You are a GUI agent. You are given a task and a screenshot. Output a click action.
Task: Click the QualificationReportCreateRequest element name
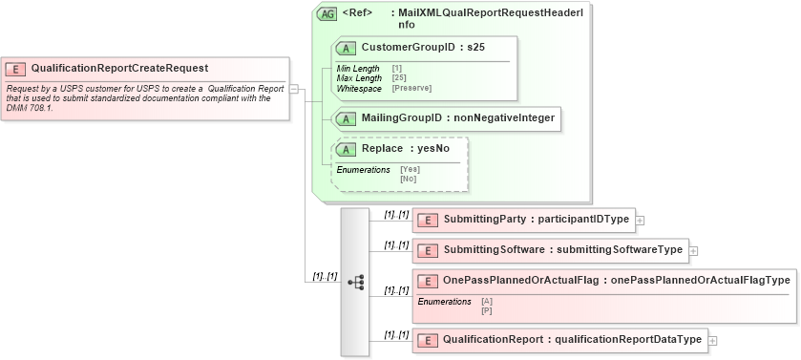pos(119,68)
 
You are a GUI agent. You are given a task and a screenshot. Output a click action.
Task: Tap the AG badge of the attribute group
pos(327,14)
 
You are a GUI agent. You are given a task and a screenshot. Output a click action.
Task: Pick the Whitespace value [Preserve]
pos(412,89)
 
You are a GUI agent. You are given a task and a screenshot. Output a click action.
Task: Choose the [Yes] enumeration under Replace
pos(410,169)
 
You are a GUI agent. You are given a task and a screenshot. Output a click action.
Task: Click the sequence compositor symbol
pos(355,282)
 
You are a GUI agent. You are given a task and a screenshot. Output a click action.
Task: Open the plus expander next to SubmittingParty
pos(641,220)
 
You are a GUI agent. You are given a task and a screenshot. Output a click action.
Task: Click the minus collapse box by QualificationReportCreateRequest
pos(294,89)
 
